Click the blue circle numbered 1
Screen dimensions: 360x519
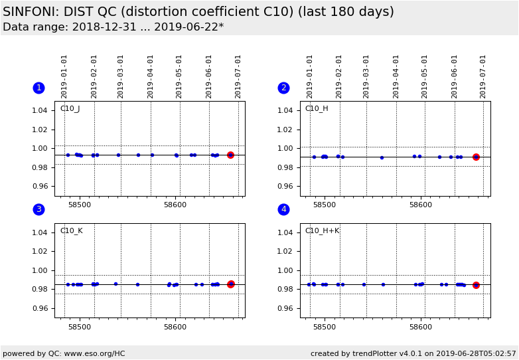point(38,88)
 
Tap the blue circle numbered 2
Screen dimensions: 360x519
point(283,88)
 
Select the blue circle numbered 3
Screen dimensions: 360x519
point(38,209)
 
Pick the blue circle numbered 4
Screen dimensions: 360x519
point(283,209)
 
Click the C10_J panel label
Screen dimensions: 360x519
point(70,109)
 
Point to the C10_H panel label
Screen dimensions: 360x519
point(317,109)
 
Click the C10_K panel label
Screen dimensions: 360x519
point(71,231)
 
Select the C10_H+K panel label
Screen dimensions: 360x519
point(322,231)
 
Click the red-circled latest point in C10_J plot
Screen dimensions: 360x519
point(230,155)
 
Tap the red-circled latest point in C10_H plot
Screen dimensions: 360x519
point(476,157)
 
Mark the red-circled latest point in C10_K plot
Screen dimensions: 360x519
point(231,284)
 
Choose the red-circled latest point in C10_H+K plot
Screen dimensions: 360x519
point(476,285)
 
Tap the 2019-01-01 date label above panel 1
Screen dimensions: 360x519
point(64,76)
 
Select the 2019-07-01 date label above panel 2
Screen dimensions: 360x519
point(483,76)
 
